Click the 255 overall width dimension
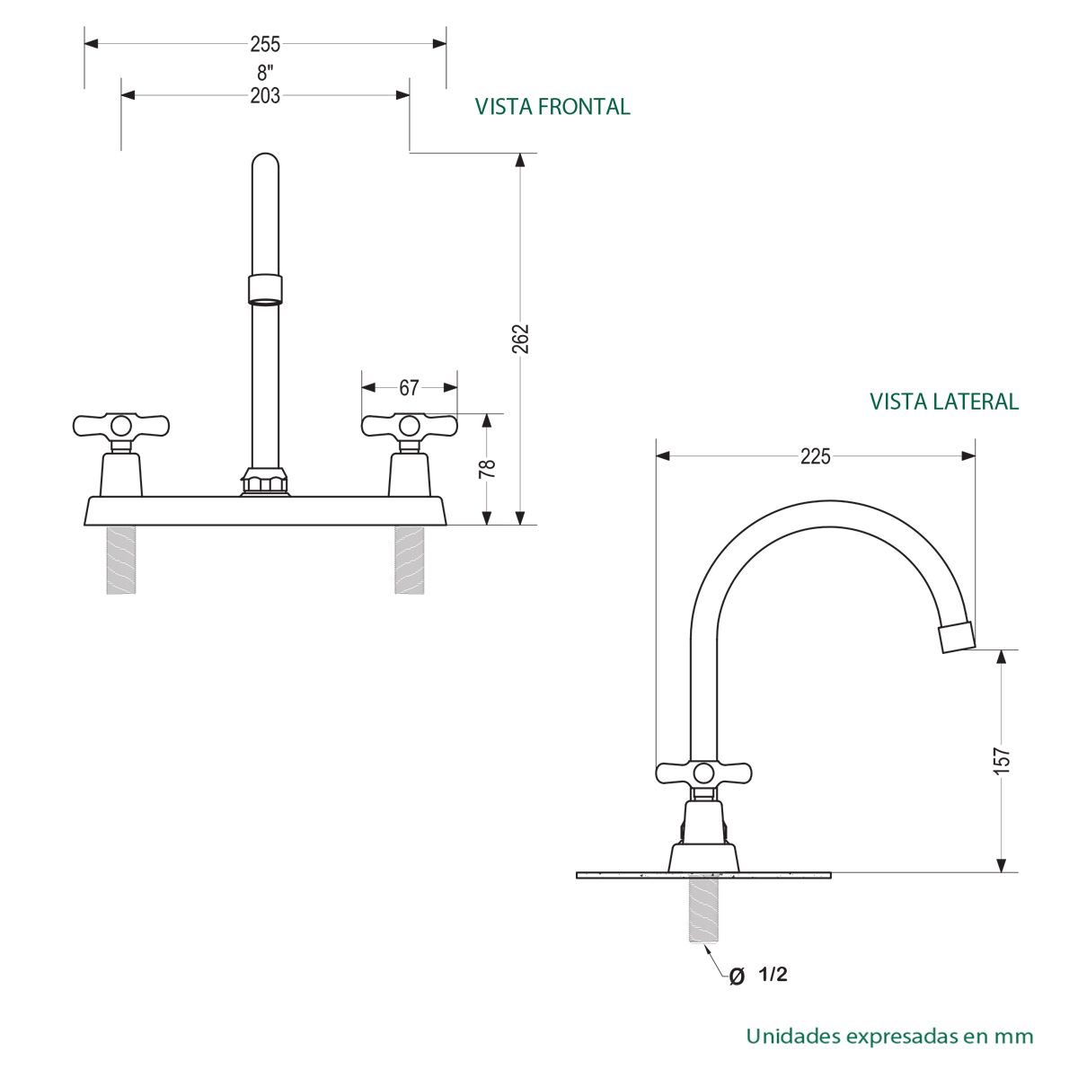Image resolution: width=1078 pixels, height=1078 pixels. pyautogui.click(x=265, y=43)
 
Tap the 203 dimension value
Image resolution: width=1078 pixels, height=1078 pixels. pyautogui.click(x=265, y=95)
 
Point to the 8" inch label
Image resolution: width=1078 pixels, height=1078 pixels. pyautogui.click(x=265, y=74)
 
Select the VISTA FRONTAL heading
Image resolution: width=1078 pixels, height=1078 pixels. pyautogui.click(x=552, y=107)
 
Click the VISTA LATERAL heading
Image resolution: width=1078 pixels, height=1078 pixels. pyautogui.click(x=944, y=402)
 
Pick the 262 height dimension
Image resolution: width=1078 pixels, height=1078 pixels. pyautogui.click(x=520, y=339)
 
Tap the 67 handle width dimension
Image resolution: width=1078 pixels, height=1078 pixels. pyautogui.click(x=409, y=388)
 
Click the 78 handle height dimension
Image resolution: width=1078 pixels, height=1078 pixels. pyautogui.click(x=487, y=468)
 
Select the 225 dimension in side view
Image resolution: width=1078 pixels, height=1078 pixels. pyautogui.click(x=815, y=456)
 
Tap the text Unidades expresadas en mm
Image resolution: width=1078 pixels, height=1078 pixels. pyautogui.click(x=889, y=1036)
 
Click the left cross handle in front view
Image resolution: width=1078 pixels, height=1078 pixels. pyautogui.click(x=120, y=425)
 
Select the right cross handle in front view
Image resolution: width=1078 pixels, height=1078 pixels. pyautogui.click(x=409, y=425)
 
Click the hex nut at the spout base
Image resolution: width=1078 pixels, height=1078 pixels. pyautogui.click(x=264, y=482)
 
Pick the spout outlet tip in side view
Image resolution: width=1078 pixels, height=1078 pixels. pyautogui.click(x=956, y=636)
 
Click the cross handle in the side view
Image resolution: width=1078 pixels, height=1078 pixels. pyautogui.click(x=704, y=773)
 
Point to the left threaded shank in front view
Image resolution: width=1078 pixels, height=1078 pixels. pyautogui.click(x=122, y=560)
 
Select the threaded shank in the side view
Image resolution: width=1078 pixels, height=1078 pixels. pyautogui.click(x=704, y=909)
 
